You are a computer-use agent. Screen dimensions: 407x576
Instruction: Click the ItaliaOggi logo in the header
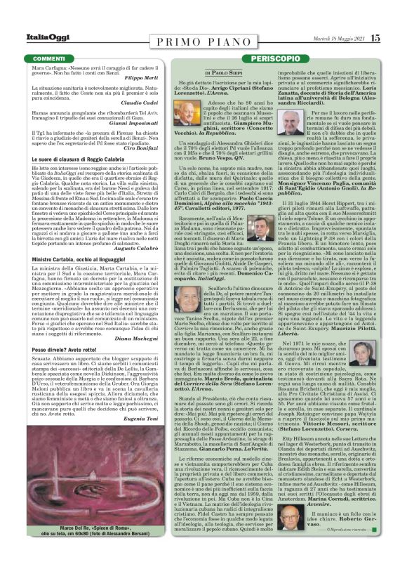point(35,38)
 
